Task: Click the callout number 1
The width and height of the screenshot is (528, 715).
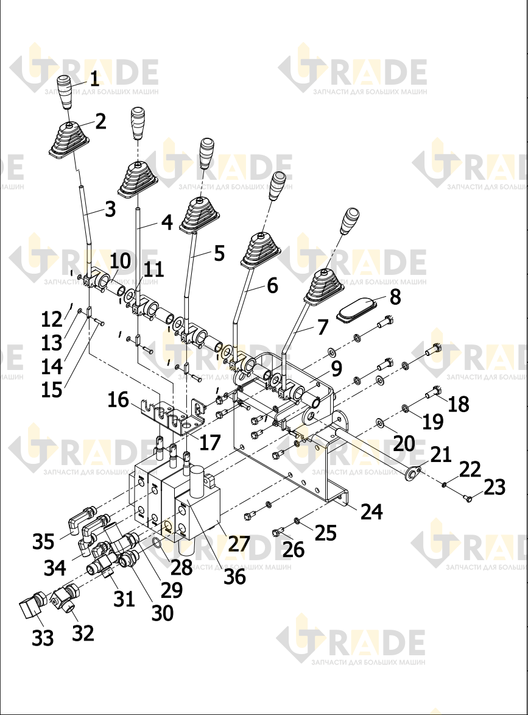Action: click(94, 79)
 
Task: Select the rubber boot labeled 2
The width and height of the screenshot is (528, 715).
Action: click(68, 141)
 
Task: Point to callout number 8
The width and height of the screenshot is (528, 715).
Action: click(395, 297)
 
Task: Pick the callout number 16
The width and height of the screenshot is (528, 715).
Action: click(118, 400)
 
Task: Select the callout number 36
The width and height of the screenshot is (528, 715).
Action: click(234, 577)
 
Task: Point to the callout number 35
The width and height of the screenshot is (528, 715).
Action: click(43, 542)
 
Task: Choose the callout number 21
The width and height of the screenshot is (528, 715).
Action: click(440, 455)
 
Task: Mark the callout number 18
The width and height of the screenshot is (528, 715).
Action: click(458, 404)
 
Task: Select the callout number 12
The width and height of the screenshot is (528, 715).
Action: click(52, 319)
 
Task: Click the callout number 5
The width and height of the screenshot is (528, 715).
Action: click(219, 253)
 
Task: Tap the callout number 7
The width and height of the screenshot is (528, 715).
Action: click(322, 327)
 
